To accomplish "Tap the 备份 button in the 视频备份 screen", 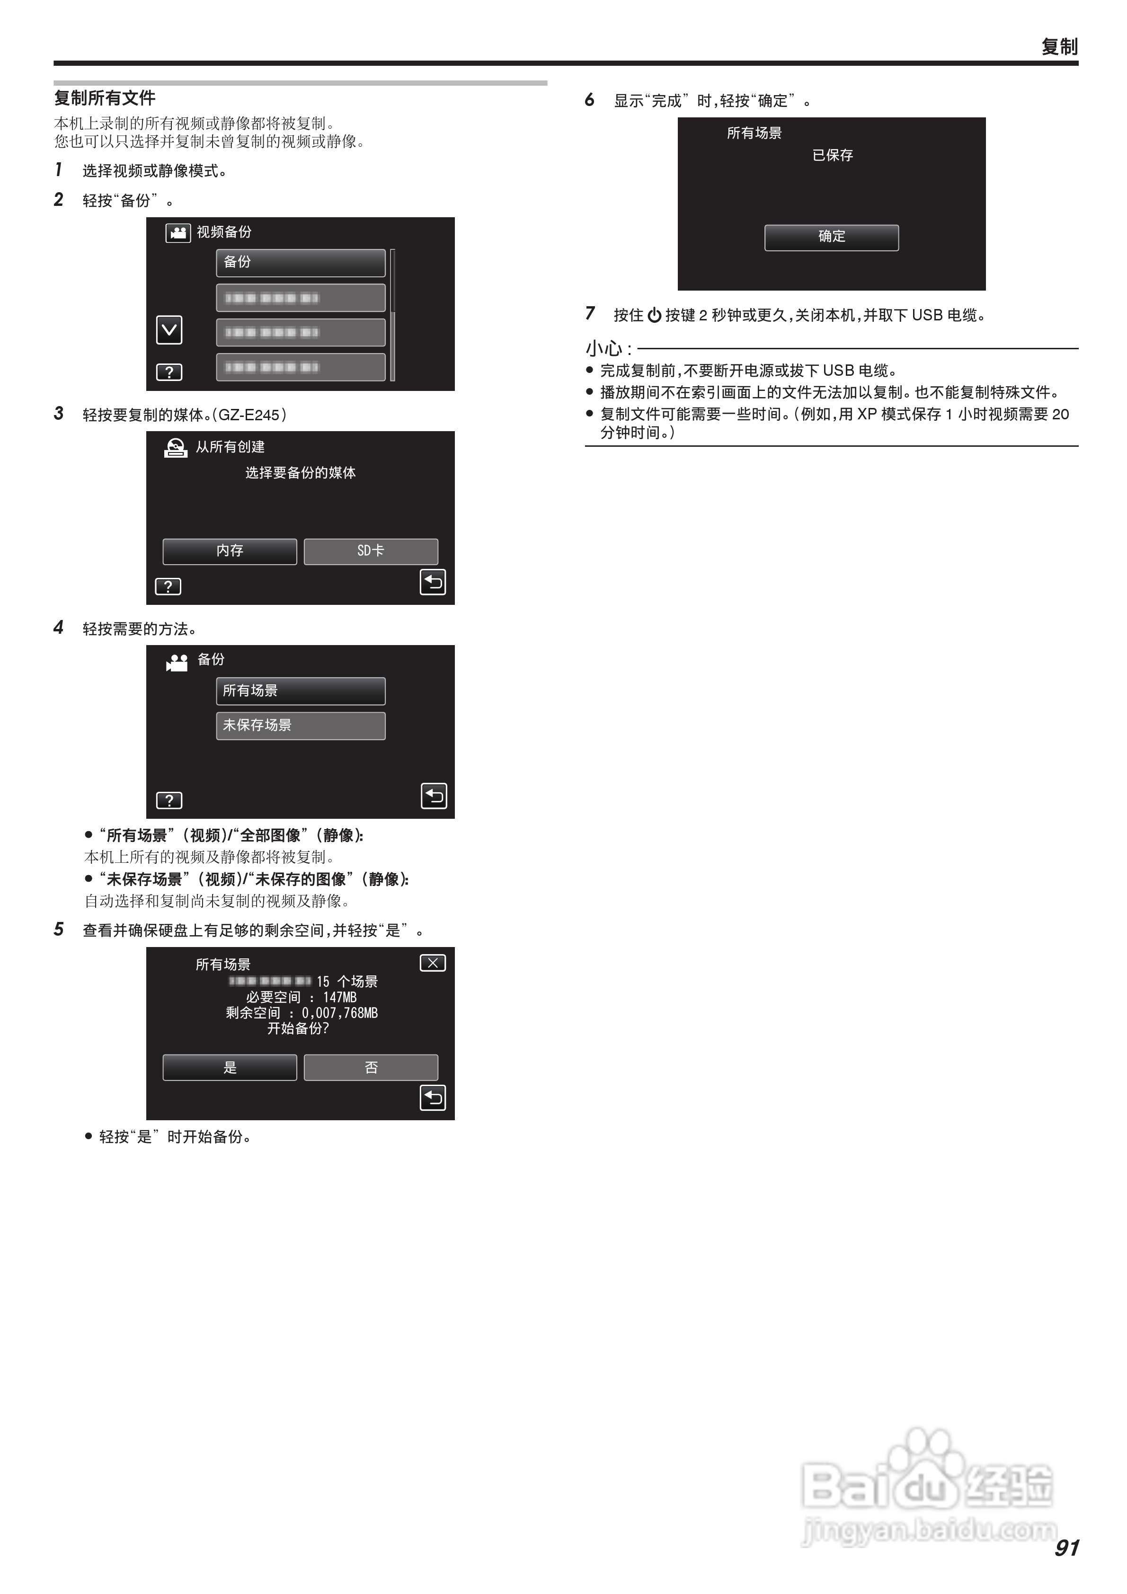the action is (x=300, y=262).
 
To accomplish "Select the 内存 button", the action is (x=230, y=551).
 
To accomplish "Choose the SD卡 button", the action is (x=371, y=551).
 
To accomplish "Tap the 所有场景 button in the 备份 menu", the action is (x=300, y=691).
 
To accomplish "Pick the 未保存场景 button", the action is (x=300, y=726).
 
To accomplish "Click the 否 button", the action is (x=371, y=1067).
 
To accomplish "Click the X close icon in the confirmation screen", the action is (x=433, y=963).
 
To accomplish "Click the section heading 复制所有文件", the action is (x=105, y=98).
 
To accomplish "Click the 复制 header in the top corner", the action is (x=1059, y=46).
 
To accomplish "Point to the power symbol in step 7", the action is (x=654, y=316).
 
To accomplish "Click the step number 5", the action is (x=59, y=930).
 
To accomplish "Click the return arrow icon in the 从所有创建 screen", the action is (x=433, y=583).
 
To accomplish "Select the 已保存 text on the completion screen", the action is (x=833, y=156).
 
